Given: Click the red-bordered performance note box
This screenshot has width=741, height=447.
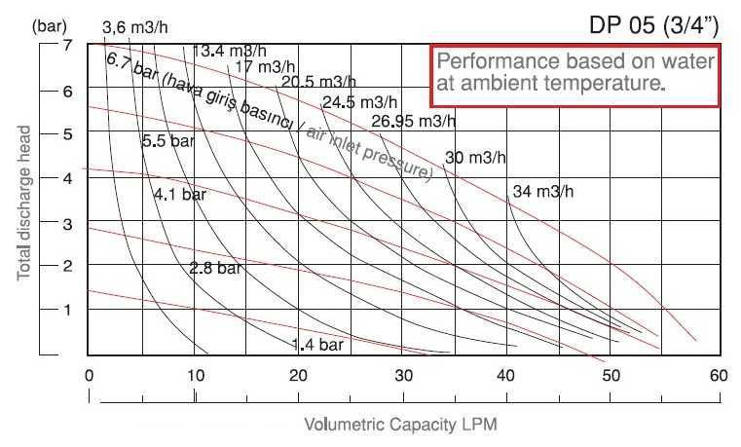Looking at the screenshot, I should pos(575,74).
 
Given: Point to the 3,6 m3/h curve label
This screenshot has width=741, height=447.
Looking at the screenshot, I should pos(136,27).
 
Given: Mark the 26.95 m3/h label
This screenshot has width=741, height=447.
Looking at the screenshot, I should pos(414,121).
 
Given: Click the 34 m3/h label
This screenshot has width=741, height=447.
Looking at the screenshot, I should pos(542,191).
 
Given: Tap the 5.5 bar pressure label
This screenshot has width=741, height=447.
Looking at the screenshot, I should pos(168,141).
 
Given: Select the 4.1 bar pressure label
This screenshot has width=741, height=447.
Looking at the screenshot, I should pos(180,195).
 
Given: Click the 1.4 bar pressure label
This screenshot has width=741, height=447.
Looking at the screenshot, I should pos(317,344).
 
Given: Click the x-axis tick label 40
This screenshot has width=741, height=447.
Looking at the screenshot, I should pos(507,375).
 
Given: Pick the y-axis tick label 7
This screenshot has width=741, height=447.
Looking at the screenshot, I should pos(68,46).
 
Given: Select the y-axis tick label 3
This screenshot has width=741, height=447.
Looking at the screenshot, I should pos(68,223).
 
